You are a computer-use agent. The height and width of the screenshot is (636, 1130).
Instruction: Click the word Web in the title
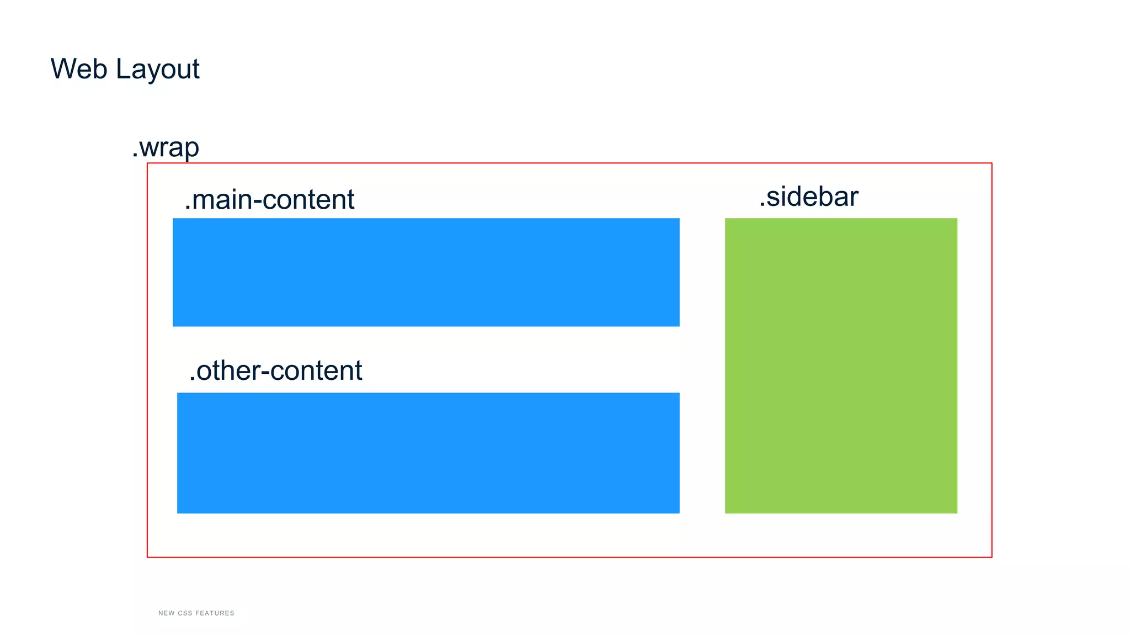click(79, 69)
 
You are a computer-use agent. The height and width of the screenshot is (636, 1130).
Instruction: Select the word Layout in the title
click(158, 70)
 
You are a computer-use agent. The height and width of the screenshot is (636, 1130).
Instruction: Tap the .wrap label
click(166, 147)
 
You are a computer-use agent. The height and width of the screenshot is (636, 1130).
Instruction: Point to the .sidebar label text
click(809, 197)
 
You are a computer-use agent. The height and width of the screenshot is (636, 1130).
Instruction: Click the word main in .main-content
click(221, 200)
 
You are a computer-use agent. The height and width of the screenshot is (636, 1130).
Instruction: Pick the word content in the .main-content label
click(308, 200)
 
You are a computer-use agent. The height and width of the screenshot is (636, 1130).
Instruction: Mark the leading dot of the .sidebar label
click(762, 206)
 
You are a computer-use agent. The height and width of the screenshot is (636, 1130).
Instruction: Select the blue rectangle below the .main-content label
click(426, 272)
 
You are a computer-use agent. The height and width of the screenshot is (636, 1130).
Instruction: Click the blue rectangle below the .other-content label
click(428, 453)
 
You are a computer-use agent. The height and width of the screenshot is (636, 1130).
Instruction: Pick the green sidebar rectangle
click(841, 365)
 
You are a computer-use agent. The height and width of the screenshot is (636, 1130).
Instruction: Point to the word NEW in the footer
click(166, 613)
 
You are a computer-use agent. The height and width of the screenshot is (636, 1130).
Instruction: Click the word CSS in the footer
click(185, 613)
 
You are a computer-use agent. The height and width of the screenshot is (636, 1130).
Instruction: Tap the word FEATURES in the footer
click(215, 613)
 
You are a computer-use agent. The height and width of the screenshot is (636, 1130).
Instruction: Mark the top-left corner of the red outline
click(147, 163)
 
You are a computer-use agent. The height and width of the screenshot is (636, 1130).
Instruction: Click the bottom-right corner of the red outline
click(992, 557)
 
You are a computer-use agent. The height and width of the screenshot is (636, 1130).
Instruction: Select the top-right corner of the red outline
click(992, 163)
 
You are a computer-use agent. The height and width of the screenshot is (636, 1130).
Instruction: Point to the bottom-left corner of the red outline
click(147, 557)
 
